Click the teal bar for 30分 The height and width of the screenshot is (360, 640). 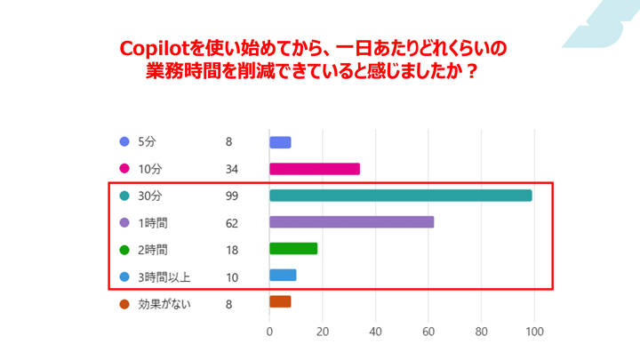400,196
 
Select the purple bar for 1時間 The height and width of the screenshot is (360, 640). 351,222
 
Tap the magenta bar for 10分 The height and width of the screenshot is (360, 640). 314,169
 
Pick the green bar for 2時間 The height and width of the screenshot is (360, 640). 292,249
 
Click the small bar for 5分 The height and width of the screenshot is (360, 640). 280,142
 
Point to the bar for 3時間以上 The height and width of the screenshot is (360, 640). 283,276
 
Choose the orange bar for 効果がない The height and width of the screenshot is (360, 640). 280,302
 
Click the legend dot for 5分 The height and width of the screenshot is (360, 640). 124,142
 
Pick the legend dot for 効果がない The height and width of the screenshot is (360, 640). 124,303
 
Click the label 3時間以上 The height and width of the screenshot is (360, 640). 164,276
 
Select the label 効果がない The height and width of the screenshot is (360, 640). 164,303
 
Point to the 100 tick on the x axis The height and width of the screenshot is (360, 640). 534,332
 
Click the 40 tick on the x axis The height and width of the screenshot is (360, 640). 375,332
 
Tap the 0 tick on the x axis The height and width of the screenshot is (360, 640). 269,332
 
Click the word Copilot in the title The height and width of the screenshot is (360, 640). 153,47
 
